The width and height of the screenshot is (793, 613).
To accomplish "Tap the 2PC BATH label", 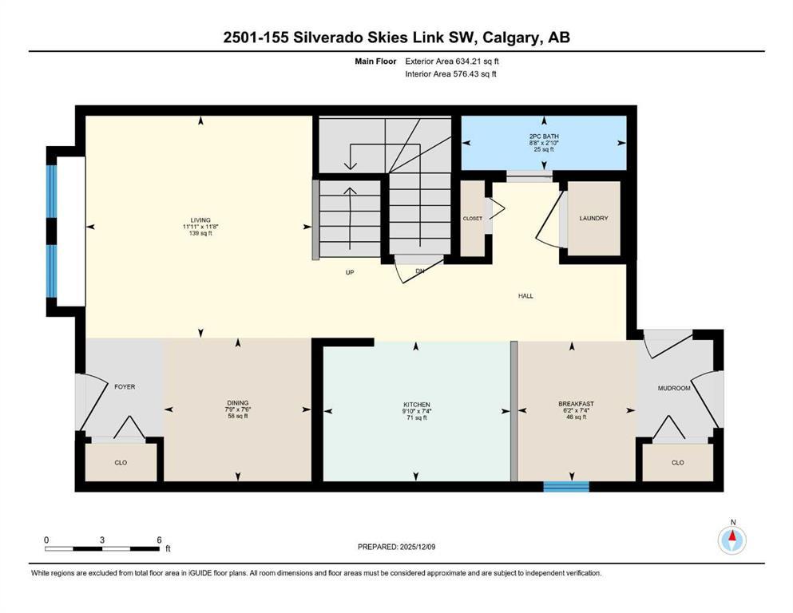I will (x=544, y=136).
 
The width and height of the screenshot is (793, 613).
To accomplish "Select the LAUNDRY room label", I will (x=594, y=218).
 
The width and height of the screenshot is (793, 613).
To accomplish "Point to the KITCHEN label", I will (x=416, y=405).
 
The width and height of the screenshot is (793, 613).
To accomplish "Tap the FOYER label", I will (x=124, y=387).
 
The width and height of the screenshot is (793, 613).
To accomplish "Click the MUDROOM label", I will (x=672, y=388).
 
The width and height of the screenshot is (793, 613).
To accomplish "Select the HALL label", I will (x=525, y=296).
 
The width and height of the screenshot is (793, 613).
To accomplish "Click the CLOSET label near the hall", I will (x=472, y=218).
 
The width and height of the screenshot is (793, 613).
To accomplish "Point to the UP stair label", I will (x=350, y=272).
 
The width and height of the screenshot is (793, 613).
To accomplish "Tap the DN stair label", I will (x=419, y=271).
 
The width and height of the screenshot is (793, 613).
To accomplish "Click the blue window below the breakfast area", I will (x=566, y=486).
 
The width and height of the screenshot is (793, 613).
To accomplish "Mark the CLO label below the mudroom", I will (x=677, y=462).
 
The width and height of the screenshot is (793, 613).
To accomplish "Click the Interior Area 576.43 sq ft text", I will (x=450, y=74).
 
